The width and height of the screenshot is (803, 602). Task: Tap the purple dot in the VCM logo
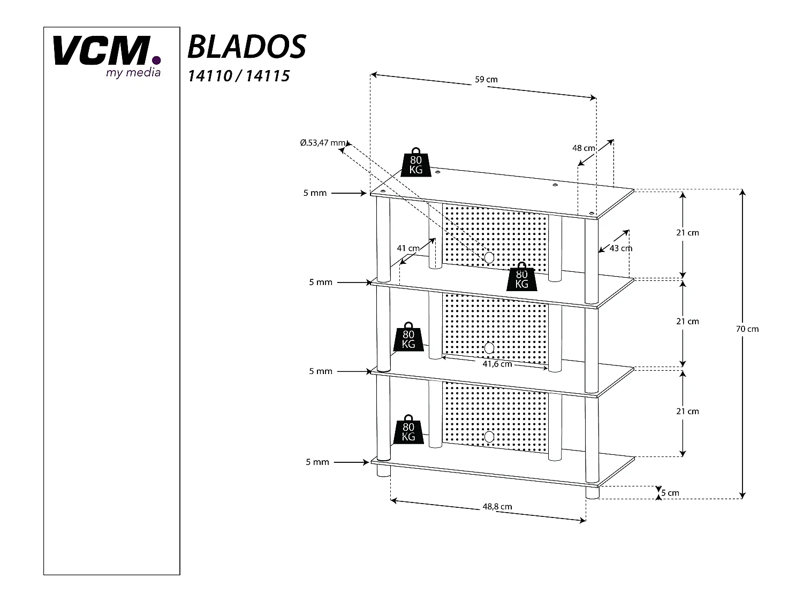(156, 60)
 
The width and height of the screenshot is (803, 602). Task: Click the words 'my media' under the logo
(133, 73)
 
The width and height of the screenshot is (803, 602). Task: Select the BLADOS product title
(246, 47)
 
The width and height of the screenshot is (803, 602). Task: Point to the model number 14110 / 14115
(238, 76)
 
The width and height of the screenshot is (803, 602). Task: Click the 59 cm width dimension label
(486, 80)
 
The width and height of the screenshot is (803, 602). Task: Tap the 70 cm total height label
(747, 329)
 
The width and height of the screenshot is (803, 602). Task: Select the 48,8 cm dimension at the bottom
(497, 506)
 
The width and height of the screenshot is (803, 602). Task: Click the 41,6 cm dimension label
(497, 364)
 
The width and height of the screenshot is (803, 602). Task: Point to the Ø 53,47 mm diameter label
(323, 143)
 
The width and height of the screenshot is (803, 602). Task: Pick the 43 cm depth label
(621, 248)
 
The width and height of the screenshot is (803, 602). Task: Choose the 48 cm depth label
(584, 148)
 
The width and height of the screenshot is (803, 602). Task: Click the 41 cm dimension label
(408, 248)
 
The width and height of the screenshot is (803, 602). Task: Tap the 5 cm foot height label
(670, 493)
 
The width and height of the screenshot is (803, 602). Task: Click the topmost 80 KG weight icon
(416, 162)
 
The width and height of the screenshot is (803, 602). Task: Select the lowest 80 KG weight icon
(408, 430)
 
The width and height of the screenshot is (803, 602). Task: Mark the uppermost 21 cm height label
(687, 233)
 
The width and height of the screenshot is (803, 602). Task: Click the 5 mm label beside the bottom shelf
(317, 462)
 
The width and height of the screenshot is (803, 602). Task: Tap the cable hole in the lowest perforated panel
(488, 437)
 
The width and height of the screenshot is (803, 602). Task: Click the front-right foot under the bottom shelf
(592, 493)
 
